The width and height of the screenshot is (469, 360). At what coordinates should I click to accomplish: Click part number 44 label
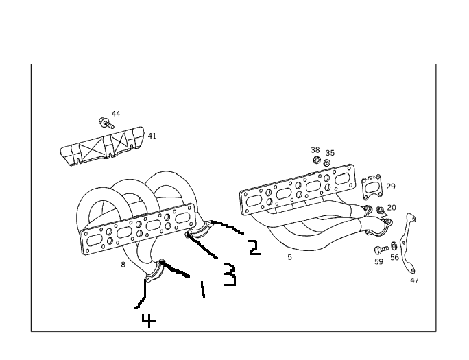[x=115, y=113]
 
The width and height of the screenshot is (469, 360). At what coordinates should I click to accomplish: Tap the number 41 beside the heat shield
[x=152, y=136]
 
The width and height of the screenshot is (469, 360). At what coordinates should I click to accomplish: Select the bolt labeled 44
[x=104, y=123]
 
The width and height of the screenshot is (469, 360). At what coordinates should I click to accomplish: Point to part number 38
[x=315, y=149]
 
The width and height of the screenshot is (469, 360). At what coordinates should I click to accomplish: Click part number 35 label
[x=330, y=153]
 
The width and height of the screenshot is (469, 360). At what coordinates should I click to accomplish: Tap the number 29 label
[x=390, y=186]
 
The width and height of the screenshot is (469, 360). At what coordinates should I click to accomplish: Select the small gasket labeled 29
[x=371, y=186]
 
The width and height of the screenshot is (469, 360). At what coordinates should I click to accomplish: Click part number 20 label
[x=391, y=207]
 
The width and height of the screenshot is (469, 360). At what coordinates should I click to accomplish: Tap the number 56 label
[x=394, y=258]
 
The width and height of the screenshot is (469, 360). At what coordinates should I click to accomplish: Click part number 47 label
[x=414, y=280]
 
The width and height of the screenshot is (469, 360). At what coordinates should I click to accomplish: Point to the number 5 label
[x=289, y=257]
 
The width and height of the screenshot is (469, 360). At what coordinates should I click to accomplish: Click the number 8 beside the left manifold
[x=123, y=264]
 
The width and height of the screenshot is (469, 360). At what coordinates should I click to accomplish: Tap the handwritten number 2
[x=254, y=247]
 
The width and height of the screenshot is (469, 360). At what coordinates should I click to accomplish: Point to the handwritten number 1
[x=202, y=289]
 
